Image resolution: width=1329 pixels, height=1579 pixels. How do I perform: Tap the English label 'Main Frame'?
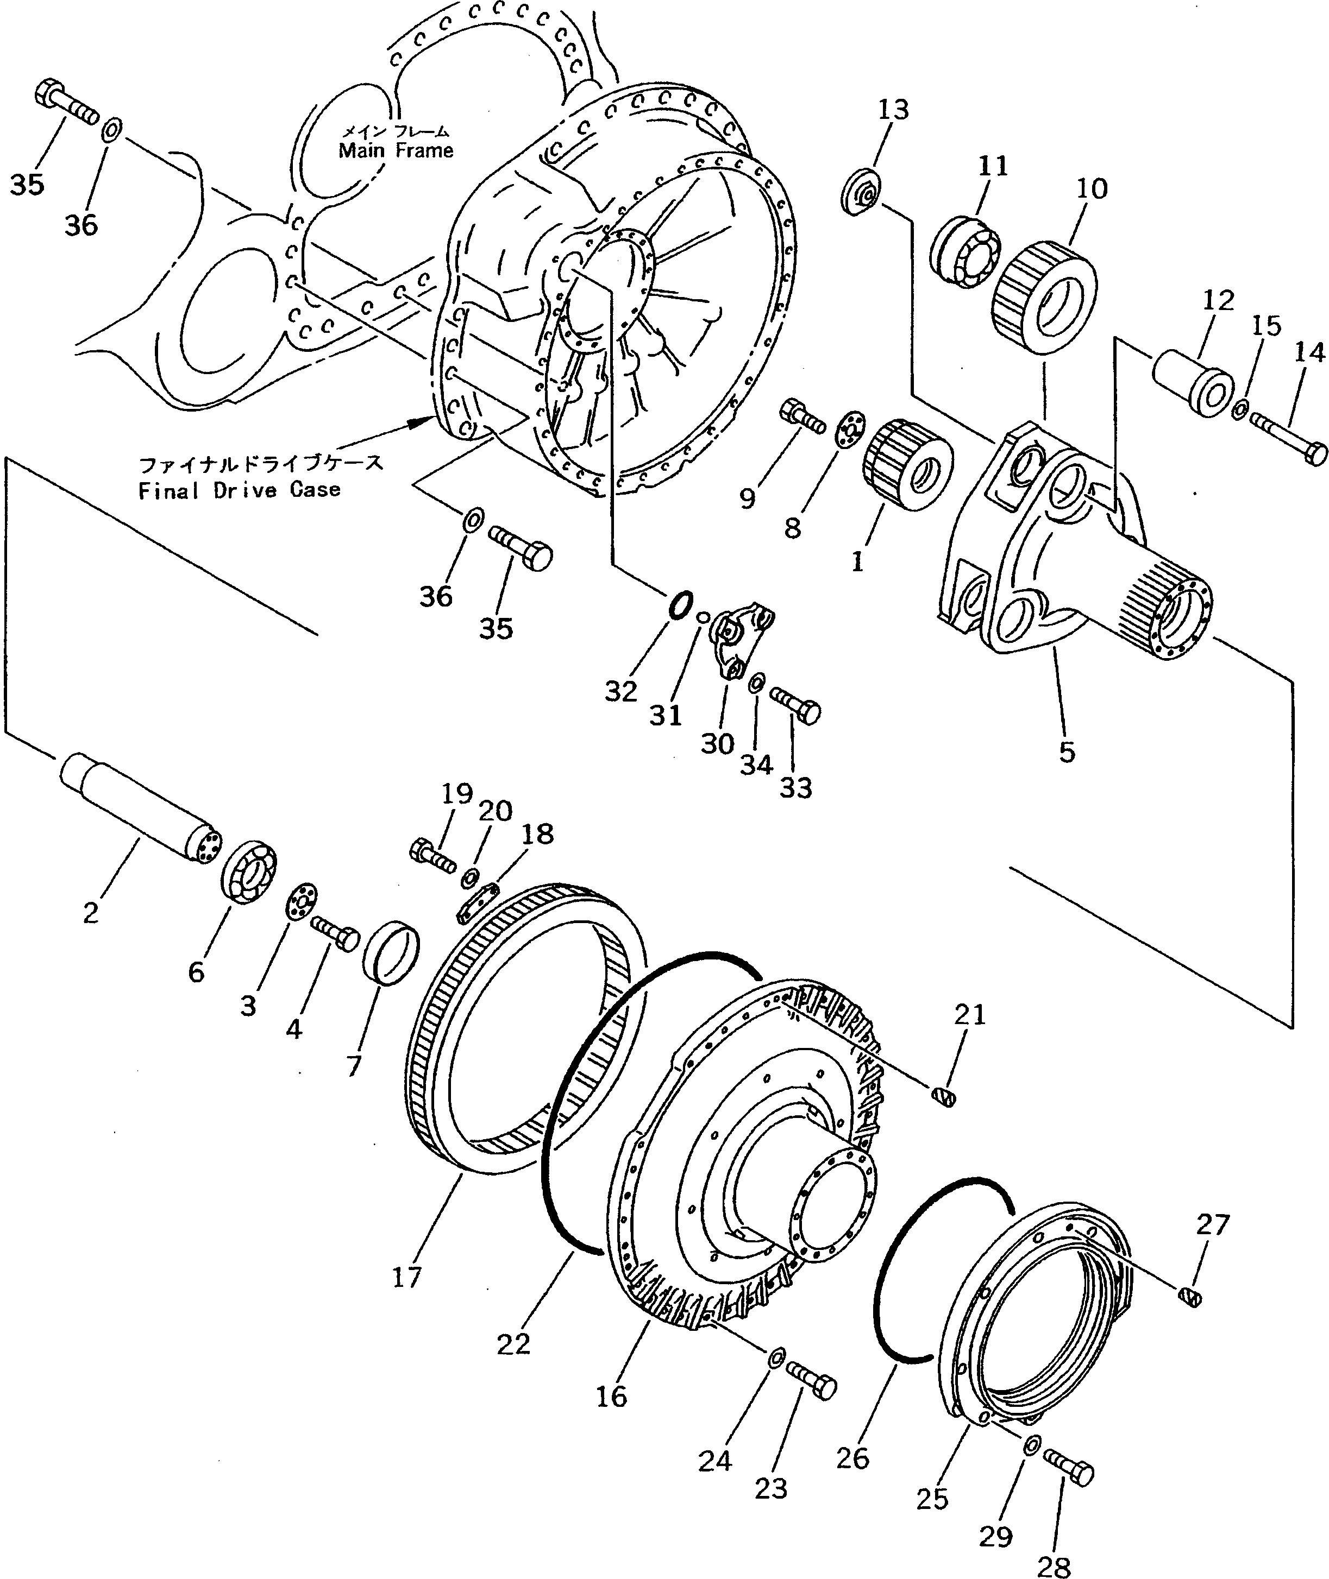[x=396, y=150]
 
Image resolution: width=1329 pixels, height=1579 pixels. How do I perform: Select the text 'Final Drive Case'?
[x=239, y=490]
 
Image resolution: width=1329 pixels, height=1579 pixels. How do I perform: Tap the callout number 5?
[x=1067, y=751]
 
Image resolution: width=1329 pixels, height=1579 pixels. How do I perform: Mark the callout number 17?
[x=407, y=1277]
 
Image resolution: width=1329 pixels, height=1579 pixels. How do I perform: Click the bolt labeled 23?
[x=812, y=1382]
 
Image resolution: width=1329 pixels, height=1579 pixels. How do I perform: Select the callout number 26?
[x=852, y=1458]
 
